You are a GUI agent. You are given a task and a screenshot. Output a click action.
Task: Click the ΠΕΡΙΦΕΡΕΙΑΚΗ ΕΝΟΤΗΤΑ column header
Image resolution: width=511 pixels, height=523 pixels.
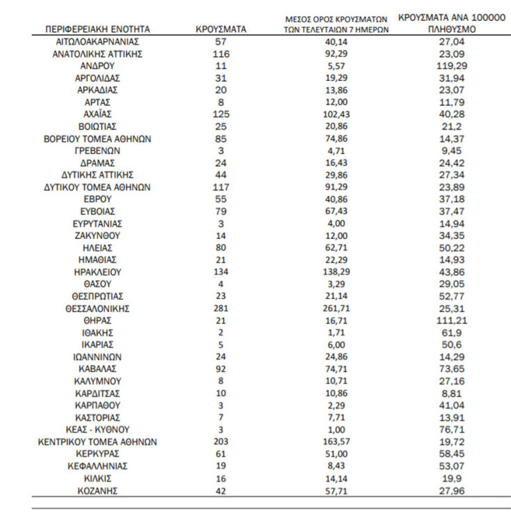coord(97,30)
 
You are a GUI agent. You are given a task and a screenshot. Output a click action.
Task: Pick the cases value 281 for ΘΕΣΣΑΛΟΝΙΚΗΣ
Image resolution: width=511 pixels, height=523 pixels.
coord(221,308)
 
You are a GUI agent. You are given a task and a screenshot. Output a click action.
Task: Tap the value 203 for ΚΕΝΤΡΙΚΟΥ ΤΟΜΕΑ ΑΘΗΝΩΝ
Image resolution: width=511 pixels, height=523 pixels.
coord(221,442)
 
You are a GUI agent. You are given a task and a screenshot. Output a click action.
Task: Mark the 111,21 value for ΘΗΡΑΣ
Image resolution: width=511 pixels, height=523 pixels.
coord(451,320)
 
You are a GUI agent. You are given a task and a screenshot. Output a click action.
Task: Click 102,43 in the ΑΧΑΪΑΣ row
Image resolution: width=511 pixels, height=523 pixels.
coord(337,114)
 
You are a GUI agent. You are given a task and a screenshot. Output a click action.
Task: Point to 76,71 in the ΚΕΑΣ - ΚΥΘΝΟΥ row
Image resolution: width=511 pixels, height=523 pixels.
coord(451,430)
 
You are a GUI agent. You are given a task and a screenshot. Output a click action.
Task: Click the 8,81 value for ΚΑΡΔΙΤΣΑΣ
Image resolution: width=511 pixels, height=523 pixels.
coord(451,393)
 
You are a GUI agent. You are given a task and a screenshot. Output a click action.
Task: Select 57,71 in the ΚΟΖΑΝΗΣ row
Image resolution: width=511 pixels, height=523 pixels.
coord(337,491)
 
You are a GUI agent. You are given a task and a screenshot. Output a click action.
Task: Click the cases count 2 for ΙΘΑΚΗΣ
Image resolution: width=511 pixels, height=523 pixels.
coord(221,332)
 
